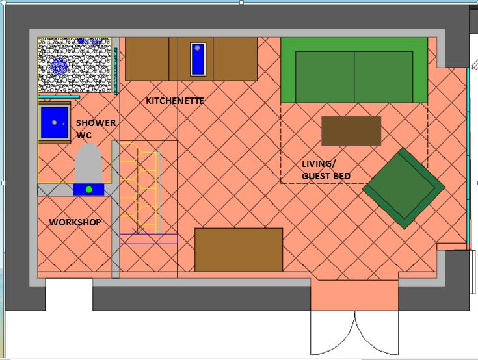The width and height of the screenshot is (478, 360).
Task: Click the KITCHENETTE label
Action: pyautogui.click(x=175, y=101)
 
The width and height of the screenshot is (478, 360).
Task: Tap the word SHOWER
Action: pyautogui.click(x=96, y=123)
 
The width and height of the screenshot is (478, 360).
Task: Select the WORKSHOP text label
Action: pyautogui.click(x=75, y=222)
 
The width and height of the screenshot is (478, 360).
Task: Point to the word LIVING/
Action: pyautogui.click(x=319, y=164)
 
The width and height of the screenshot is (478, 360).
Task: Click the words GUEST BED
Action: pyautogui.click(x=326, y=176)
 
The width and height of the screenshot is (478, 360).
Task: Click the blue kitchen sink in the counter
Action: pyautogui.click(x=198, y=59)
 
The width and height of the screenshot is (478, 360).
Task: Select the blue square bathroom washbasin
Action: pyautogui.click(x=55, y=123)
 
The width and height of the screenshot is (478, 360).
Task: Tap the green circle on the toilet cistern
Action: pyautogui.click(x=88, y=190)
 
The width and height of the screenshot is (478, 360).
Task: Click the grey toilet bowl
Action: pyautogui.click(x=88, y=163)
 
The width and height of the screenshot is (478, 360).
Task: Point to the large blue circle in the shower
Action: pyautogui.click(x=59, y=66)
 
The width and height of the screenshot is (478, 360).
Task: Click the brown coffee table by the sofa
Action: pyautogui.click(x=351, y=131)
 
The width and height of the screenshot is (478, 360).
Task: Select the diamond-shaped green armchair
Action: pyautogui.click(x=404, y=188)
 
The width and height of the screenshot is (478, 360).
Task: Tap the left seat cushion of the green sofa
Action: pyautogui.click(x=325, y=77)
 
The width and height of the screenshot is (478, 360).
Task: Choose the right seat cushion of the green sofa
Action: pyautogui.click(x=384, y=77)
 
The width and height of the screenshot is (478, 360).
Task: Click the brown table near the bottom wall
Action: pyautogui.click(x=239, y=250)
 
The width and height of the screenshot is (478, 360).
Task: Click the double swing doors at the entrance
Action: pyautogui.click(x=354, y=333)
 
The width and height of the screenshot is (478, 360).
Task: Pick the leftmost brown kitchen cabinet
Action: pyautogui.click(x=147, y=59)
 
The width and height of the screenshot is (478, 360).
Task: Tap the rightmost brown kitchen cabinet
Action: pyautogui.click(x=235, y=59)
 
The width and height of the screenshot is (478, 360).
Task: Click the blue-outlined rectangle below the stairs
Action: pyautogui.click(x=148, y=238)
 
